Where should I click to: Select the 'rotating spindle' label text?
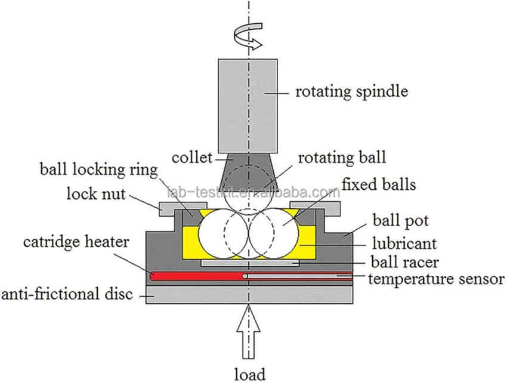point(352,91)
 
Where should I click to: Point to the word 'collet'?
point(191,158)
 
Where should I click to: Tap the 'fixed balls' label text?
point(378,184)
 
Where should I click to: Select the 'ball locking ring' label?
point(98,170)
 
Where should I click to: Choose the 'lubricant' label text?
point(404,244)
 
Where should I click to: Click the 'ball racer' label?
point(403,261)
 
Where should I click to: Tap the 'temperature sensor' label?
point(435,278)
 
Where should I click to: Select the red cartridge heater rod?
point(197,276)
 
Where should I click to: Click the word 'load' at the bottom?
point(249,373)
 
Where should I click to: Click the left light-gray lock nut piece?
point(171,208)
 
